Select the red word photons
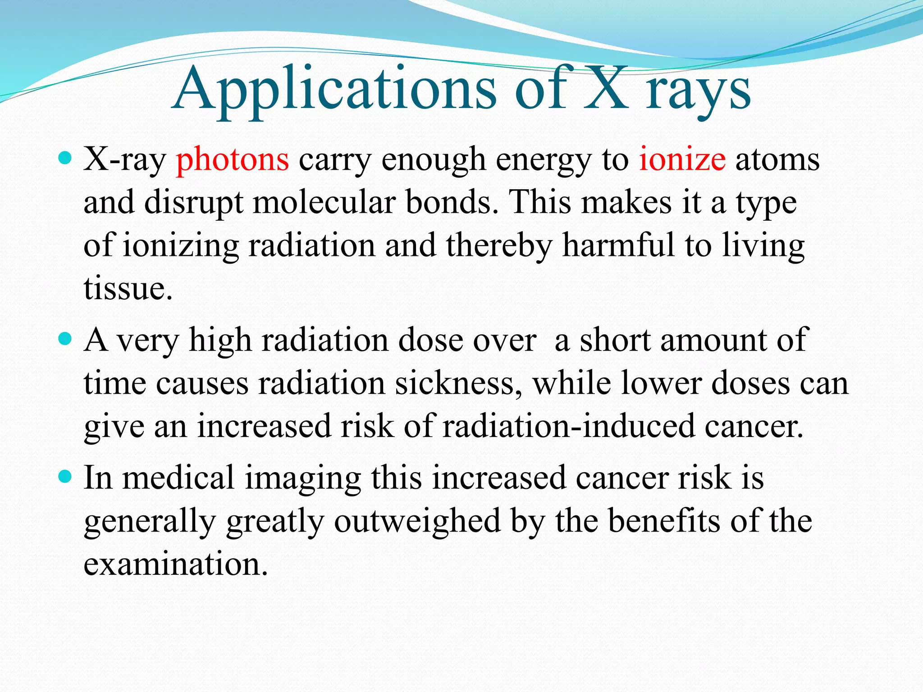point(232,159)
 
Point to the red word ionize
point(682,159)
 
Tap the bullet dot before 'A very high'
point(65,338)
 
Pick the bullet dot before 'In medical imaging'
point(65,476)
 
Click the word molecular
point(324,202)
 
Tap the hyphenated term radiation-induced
point(569,426)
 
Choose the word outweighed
point(417,521)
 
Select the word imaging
point(303,478)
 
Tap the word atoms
point(777,159)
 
